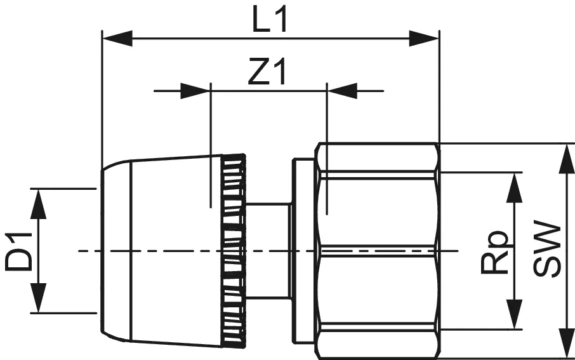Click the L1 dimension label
point(270,22)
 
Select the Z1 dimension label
point(267,74)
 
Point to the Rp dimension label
point(495,251)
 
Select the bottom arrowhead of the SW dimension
point(564,343)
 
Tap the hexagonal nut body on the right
point(379,251)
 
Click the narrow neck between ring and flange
point(267,251)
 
